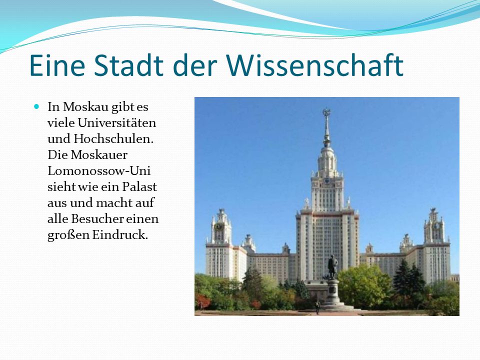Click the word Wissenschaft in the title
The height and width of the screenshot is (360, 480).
click(315, 65)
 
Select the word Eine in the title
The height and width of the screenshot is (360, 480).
click(57, 65)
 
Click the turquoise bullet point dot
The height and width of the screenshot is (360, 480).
click(36, 106)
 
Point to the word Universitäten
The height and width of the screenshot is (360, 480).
click(116, 123)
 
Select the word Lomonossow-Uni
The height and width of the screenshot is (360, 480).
click(99, 170)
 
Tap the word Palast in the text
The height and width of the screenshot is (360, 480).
click(139, 186)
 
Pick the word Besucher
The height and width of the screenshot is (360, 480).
click(97, 218)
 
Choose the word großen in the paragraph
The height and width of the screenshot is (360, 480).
click(68, 235)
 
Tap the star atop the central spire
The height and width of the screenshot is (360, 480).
click(326, 111)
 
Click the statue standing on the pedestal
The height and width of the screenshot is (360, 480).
click(332, 267)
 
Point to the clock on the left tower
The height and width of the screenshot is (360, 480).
click(219, 227)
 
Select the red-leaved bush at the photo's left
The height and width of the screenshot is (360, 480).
click(203, 301)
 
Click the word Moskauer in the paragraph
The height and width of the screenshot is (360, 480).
click(99, 154)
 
